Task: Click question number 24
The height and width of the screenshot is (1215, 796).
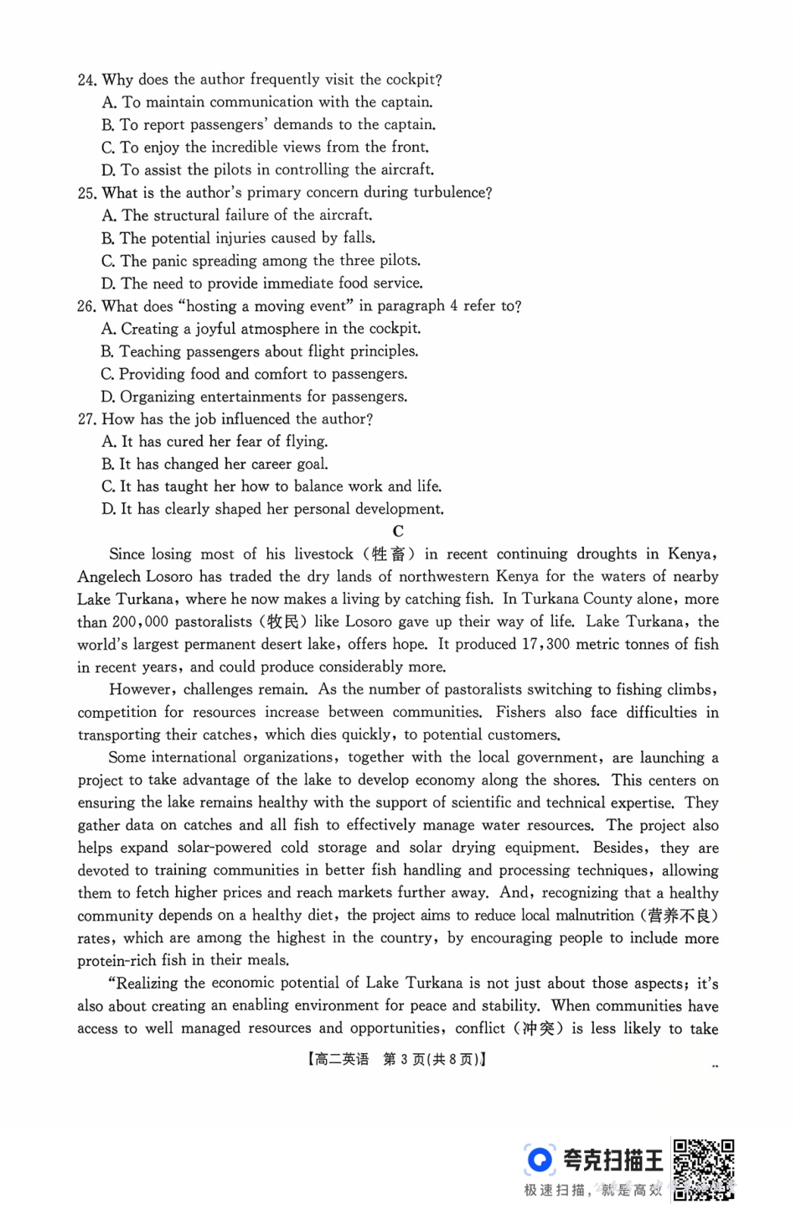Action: [x=86, y=80]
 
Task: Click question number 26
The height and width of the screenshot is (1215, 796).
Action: [x=86, y=307]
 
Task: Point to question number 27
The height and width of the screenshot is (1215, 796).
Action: [x=86, y=419]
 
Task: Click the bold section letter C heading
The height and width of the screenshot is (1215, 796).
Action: [x=398, y=531]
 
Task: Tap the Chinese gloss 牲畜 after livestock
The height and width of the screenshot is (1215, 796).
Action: [x=388, y=554]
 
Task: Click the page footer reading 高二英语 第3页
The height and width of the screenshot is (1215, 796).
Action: [x=397, y=1059]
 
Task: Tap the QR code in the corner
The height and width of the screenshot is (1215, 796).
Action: [x=704, y=1168]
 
